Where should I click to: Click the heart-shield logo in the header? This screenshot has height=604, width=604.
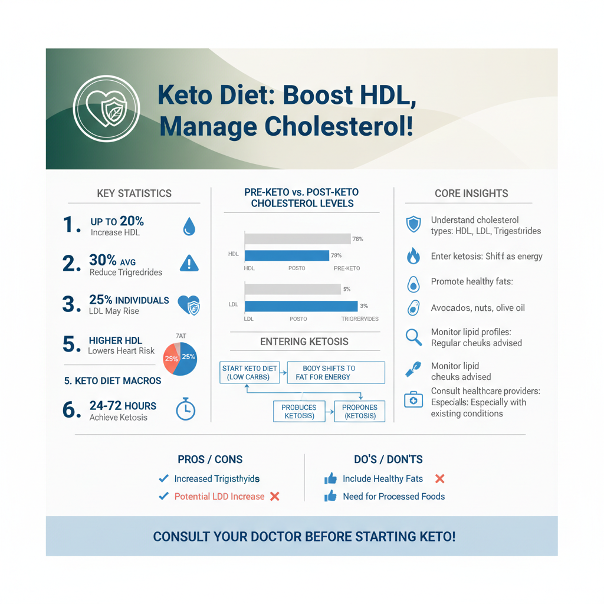coord(106,108)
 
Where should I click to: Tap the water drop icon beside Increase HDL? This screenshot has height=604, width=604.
coord(189,226)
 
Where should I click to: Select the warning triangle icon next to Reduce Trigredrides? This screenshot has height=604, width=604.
coord(189,262)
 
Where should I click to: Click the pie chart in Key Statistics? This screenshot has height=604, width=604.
coord(180,357)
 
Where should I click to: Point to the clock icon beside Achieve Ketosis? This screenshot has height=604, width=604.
coord(186,410)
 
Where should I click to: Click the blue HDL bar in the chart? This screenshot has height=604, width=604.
coord(287,255)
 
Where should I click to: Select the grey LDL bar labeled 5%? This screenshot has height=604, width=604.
coord(293,289)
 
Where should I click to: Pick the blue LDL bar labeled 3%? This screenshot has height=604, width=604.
coord(301,306)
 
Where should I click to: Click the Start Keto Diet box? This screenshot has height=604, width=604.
coord(250,373)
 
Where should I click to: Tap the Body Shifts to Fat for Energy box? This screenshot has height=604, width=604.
coord(336,373)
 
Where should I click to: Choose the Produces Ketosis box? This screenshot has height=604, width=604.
coord(299,411)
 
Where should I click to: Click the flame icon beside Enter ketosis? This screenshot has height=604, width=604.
coord(413,256)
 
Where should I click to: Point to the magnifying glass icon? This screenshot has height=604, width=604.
coord(413,337)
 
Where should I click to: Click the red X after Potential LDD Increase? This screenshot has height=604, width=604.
coord(274,497)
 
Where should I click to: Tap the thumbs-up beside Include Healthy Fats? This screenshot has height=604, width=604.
coord(330,479)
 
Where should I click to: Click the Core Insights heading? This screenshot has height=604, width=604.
coord(471,193)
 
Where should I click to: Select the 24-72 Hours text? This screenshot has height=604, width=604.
coord(123,406)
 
